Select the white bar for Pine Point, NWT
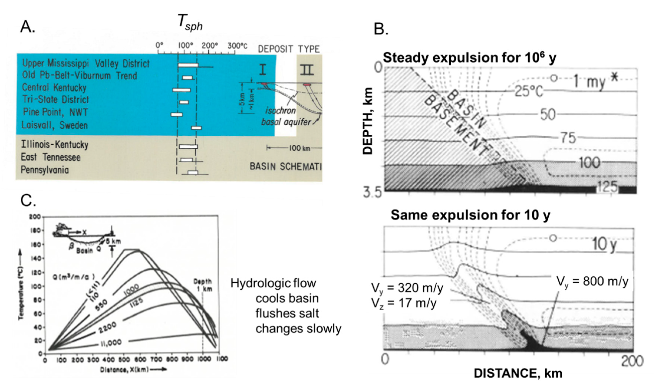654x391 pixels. tap(176, 114)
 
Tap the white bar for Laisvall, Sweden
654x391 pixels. tap(196, 128)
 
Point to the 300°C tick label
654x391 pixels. tap(237, 46)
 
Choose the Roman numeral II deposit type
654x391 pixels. tap(307, 70)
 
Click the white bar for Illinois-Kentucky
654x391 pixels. tap(188, 146)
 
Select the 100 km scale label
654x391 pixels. tap(300, 148)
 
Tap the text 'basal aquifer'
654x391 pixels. tap(286, 122)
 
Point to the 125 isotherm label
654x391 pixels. tap(607, 187)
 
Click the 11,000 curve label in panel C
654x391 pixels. tap(111, 343)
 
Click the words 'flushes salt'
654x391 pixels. tap(287, 314)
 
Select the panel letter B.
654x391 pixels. tap(381, 29)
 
